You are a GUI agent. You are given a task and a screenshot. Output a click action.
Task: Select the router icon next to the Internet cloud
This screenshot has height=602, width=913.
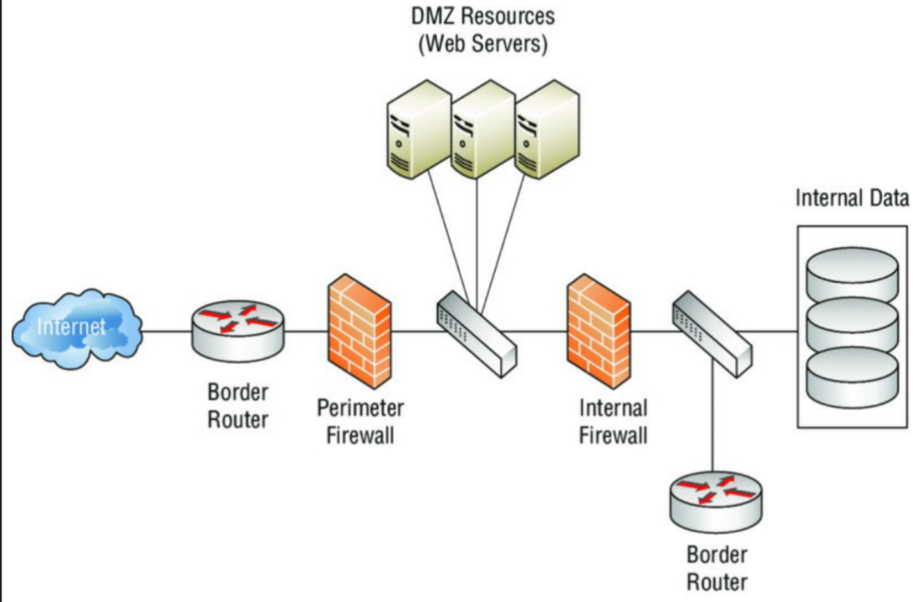(x=239, y=330)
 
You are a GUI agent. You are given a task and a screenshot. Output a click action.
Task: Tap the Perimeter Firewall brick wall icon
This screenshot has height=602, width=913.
(x=358, y=330)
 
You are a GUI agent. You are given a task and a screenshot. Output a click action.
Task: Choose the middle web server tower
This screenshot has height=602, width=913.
(x=480, y=129)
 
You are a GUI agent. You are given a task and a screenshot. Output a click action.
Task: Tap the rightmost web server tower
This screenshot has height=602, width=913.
(x=545, y=129)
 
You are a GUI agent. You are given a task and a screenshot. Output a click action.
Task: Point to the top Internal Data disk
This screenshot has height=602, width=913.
(x=851, y=268)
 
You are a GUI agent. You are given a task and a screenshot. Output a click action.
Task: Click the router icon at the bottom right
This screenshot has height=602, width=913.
(x=716, y=499)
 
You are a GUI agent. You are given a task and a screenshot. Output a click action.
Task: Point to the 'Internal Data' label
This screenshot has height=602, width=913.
(x=852, y=198)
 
